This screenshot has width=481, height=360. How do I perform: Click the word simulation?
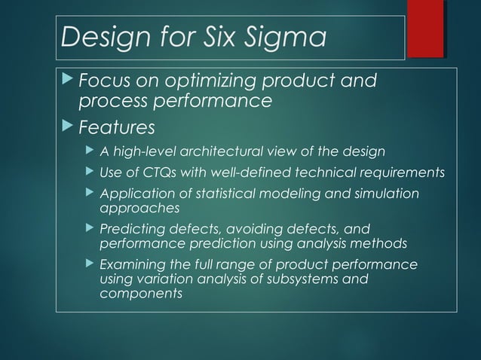point(384,194)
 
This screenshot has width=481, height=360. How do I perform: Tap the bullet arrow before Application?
point(90,194)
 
